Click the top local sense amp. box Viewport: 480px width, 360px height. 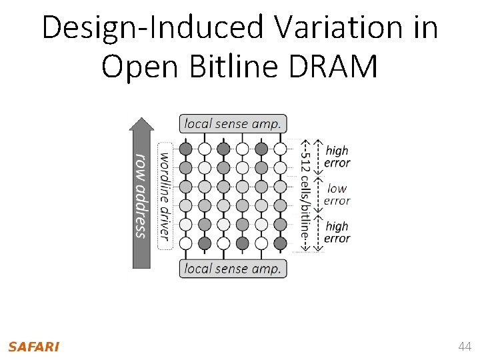pyautogui.click(x=233, y=123)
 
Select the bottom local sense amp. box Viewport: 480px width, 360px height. pyautogui.click(x=233, y=269)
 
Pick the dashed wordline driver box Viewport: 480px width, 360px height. pyautogui.click(x=164, y=195)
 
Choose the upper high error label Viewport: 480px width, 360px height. pyautogui.click(x=337, y=157)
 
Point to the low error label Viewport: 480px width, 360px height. pyautogui.click(x=337, y=195)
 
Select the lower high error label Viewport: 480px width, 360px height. pyautogui.click(x=337, y=233)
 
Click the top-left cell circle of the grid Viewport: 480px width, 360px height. pyautogui.click(x=186, y=148)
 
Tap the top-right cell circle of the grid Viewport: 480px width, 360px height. pyautogui.click(x=281, y=148)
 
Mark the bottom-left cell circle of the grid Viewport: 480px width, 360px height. pyautogui.click(x=186, y=243)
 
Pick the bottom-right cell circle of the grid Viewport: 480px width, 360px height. pyautogui.click(x=281, y=243)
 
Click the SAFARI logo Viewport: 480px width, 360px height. pyautogui.click(x=33, y=347)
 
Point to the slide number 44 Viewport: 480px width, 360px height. pyautogui.click(x=464, y=347)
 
